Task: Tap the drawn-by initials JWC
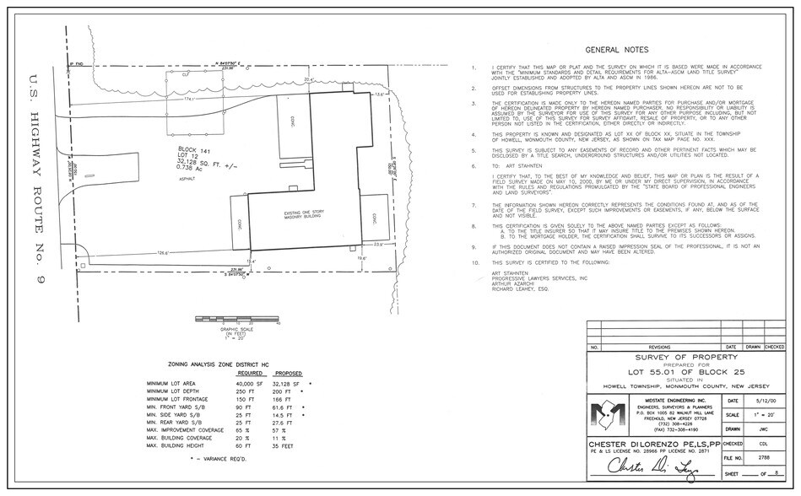point(763,430)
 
